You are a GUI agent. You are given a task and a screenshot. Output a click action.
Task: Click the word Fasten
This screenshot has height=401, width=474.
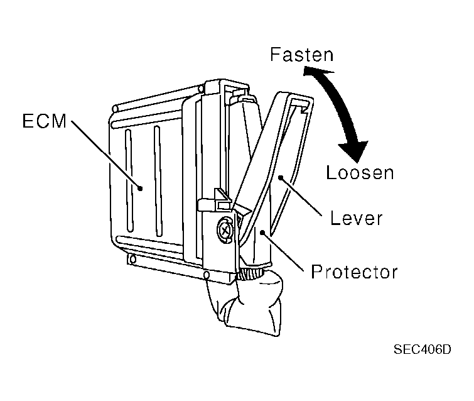coord(301,55)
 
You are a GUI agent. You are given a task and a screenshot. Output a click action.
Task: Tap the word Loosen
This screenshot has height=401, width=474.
coord(360,172)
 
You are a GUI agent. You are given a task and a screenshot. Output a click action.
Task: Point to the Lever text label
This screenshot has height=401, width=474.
coord(355,219)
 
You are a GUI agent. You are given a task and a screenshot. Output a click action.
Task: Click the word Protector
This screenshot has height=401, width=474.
coord(355,273)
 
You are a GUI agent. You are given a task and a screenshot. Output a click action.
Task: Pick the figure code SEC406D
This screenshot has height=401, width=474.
coord(423,349)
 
